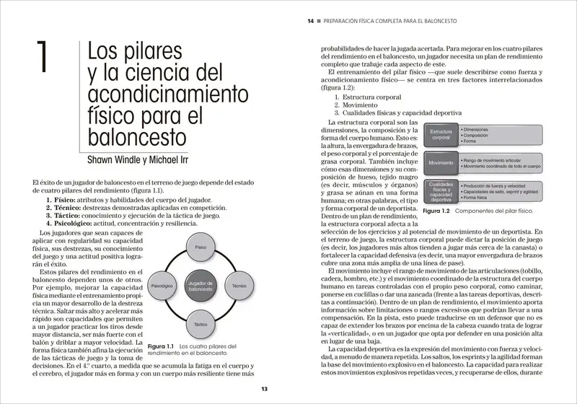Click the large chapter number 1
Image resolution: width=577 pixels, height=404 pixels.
(x=40, y=58)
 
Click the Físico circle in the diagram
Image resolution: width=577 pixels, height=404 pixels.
(x=201, y=247)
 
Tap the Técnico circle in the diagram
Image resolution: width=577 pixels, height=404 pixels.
(x=239, y=286)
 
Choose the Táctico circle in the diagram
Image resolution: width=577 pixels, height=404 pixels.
(x=201, y=325)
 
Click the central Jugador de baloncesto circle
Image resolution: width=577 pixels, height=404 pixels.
(x=201, y=286)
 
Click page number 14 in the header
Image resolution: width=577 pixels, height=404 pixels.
(x=310, y=22)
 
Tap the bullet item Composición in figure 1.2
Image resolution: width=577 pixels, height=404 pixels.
(x=482, y=135)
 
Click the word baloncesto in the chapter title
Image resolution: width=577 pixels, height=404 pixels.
(x=137, y=136)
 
